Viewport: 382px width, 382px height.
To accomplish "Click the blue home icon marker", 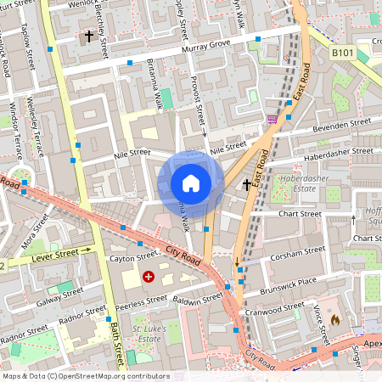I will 191,183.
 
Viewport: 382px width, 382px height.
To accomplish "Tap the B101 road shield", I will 342,53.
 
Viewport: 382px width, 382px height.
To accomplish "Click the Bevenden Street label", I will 343,124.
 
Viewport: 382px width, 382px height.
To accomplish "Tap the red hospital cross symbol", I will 149,277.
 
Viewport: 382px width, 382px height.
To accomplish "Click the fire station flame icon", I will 335,320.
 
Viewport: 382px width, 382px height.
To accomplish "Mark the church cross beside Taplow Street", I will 88,37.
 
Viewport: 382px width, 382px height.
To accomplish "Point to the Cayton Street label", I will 134,255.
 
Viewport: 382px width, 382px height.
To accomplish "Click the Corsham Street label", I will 297,253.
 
